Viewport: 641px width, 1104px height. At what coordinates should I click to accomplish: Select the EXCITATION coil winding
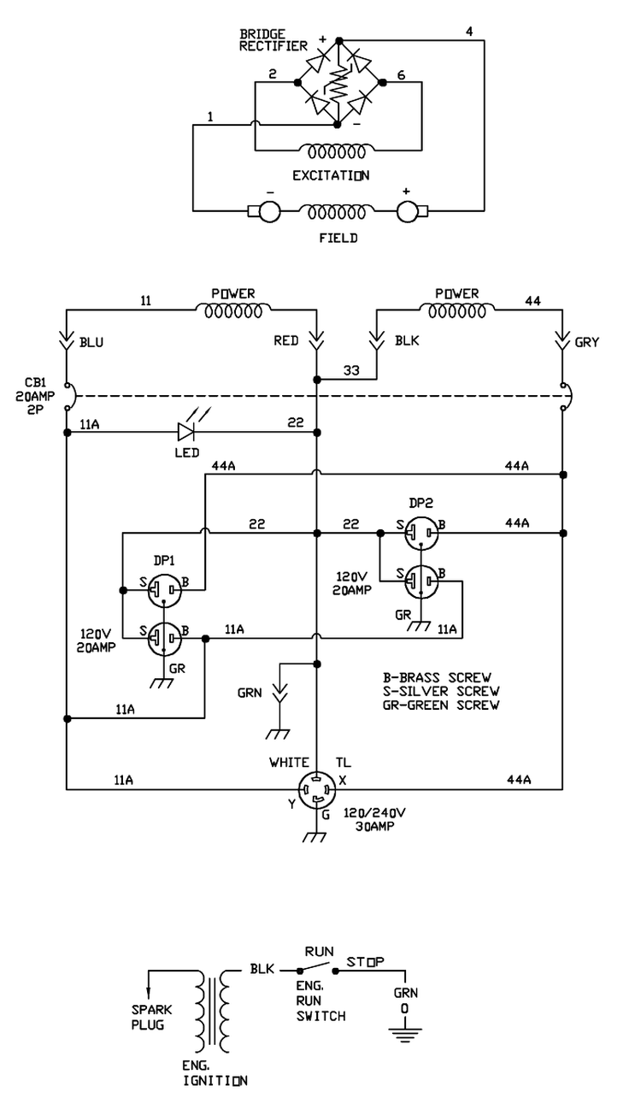click(x=338, y=153)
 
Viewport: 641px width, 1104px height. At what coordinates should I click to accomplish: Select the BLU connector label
click(x=92, y=343)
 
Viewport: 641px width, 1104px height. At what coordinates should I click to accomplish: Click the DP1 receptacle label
click(x=164, y=562)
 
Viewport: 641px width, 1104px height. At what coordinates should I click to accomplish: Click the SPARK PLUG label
click(x=151, y=1017)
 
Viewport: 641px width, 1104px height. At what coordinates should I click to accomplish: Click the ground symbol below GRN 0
click(x=405, y=1036)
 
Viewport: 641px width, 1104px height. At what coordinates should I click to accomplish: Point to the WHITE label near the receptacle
click(x=288, y=761)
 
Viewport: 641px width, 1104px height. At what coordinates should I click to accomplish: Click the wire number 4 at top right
click(x=468, y=32)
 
